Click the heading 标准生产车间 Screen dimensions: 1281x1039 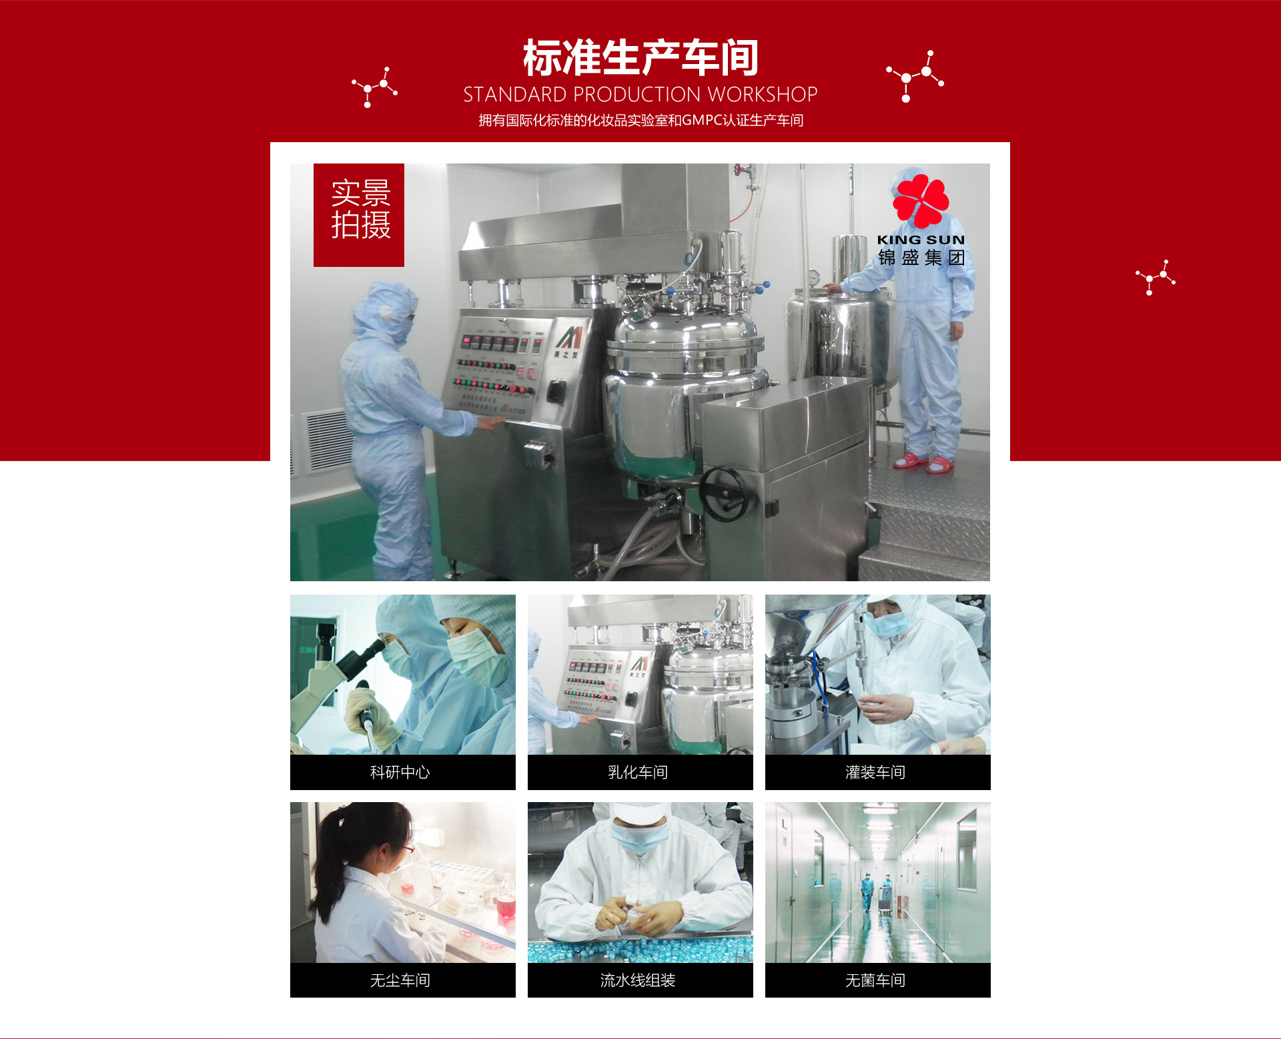pyautogui.click(x=640, y=57)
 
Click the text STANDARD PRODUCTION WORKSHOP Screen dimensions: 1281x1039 pyautogui.click(x=640, y=95)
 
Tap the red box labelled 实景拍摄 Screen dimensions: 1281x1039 pyautogui.click(x=359, y=215)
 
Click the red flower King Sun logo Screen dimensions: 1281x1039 pyautogui.click(x=921, y=200)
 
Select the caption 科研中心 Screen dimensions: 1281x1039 pyautogui.click(x=400, y=772)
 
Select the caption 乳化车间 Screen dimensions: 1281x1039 pyautogui.click(x=638, y=772)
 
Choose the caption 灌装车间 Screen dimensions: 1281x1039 pyautogui.click(x=875, y=772)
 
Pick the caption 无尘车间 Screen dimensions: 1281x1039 pyautogui.click(x=400, y=980)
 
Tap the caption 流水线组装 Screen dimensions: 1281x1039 pyautogui.click(x=638, y=980)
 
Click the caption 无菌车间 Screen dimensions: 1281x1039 pyautogui.click(x=875, y=980)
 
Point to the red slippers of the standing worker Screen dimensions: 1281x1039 pyautogui.click(x=924, y=462)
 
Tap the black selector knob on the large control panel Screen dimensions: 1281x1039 pyautogui.click(x=556, y=390)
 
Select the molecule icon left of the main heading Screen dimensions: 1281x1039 pyautogui.click(x=375, y=87)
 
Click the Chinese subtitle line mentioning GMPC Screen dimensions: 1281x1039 pyautogui.click(x=640, y=120)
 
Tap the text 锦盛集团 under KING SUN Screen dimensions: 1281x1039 pyautogui.click(x=921, y=258)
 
